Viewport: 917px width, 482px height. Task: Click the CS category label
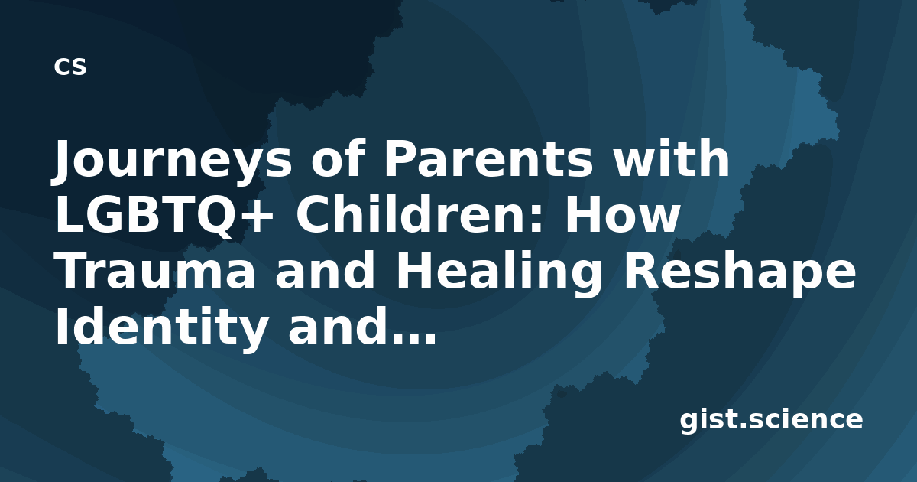coord(70,67)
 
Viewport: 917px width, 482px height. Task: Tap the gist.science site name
coord(771,420)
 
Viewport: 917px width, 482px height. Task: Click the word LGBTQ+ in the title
coord(164,216)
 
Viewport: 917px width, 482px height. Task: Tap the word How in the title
coord(623,214)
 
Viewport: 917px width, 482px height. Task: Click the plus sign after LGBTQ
coord(258,217)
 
